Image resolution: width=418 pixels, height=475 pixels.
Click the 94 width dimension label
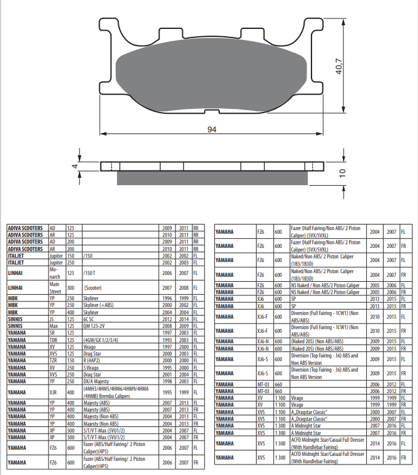212,129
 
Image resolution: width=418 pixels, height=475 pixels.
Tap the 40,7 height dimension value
339,66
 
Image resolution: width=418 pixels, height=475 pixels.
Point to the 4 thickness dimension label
75,166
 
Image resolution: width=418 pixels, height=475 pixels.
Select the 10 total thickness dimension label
342,173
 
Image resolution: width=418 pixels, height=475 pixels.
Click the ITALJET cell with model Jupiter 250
28,263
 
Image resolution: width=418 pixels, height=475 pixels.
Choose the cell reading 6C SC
120,319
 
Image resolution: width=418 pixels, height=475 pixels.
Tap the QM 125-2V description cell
120,326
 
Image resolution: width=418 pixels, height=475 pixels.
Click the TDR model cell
57,340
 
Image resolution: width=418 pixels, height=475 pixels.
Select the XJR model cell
57,393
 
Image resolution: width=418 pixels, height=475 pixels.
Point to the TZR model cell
57,361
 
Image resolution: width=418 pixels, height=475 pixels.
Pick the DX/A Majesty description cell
120,381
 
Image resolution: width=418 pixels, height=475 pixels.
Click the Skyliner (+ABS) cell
120,305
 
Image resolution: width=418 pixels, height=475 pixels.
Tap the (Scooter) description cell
120,288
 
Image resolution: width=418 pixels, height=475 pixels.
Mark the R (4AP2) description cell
120,361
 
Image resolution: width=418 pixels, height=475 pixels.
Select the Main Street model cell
57,288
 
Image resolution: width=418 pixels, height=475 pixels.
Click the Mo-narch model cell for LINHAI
57,273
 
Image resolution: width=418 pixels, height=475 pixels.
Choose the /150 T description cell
120,273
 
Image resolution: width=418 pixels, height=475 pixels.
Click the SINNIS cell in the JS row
28,319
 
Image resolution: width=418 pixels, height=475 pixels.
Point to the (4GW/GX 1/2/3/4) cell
120,340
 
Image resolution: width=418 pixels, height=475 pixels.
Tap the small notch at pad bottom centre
212,111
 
